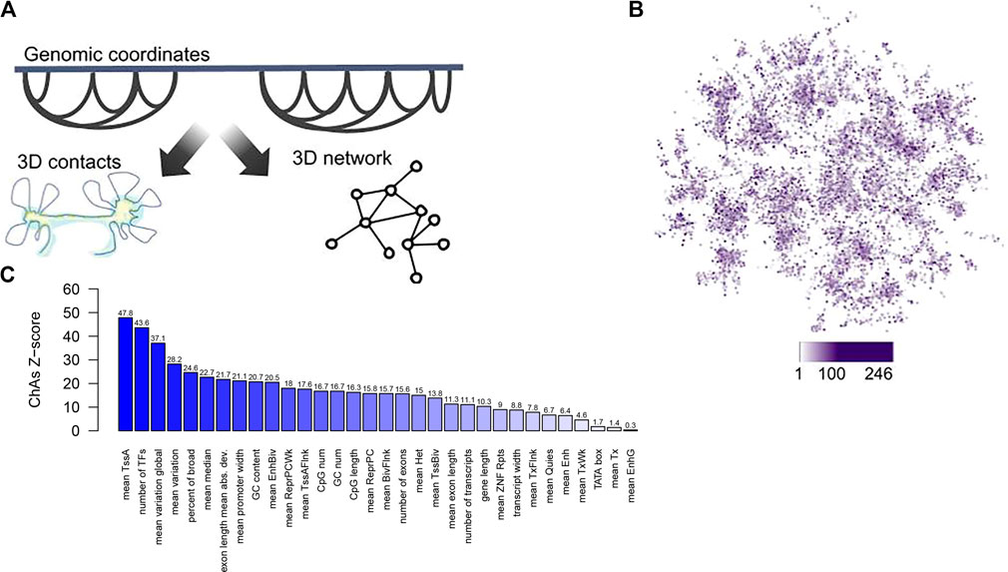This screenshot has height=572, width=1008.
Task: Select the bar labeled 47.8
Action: click(x=126, y=374)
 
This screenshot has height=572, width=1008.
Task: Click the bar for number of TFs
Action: click(x=142, y=379)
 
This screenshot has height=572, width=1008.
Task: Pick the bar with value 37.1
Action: click(x=158, y=387)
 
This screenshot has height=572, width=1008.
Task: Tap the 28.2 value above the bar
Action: click(x=174, y=359)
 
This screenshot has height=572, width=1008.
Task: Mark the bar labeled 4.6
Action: click(x=582, y=425)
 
